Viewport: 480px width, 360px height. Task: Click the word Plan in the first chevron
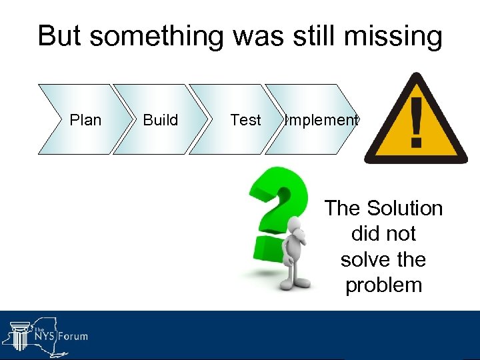click(x=85, y=120)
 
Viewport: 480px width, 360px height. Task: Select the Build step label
click(x=161, y=120)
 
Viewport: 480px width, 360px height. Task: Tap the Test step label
click(x=245, y=120)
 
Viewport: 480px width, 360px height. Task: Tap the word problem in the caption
click(x=383, y=285)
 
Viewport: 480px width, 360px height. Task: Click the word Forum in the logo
click(x=73, y=335)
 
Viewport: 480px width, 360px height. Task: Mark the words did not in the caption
click(x=383, y=234)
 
